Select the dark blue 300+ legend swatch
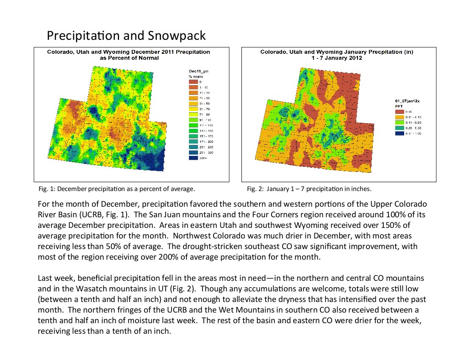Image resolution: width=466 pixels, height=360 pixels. pos(193,158)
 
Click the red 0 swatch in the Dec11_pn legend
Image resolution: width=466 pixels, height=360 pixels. pos(193,81)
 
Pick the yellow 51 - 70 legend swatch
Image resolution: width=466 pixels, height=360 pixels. pos(193,109)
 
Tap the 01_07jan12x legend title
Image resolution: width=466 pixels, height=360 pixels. pos(407,101)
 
